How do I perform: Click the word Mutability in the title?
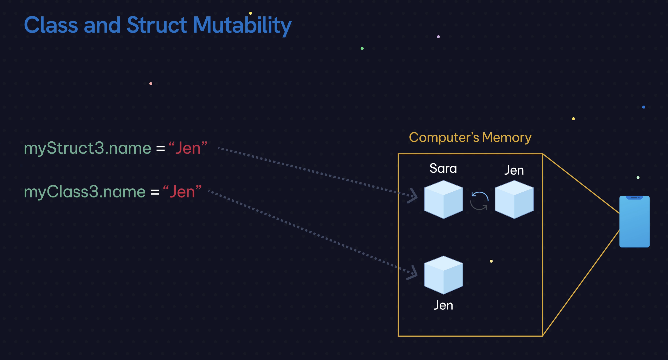click(242, 25)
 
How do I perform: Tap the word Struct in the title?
click(156, 25)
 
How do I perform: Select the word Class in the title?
click(51, 25)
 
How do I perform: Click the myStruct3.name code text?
click(87, 148)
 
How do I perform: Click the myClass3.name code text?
click(85, 192)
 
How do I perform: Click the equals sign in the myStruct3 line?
click(160, 149)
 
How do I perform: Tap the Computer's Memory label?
click(470, 137)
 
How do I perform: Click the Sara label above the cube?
click(443, 168)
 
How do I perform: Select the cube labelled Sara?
click(443, 200)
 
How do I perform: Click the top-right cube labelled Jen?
click(514, 200)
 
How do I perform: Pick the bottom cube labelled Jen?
click(443, 275)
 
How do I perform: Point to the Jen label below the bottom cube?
click(443, 305)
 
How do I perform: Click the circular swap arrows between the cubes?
click(479, 200)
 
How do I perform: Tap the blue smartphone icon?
click(634, 222)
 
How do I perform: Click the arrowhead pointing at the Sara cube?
click(412, 196)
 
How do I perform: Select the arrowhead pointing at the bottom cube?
click(412, 273)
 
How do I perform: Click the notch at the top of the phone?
click(634, 198)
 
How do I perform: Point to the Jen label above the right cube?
click(514, 170)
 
